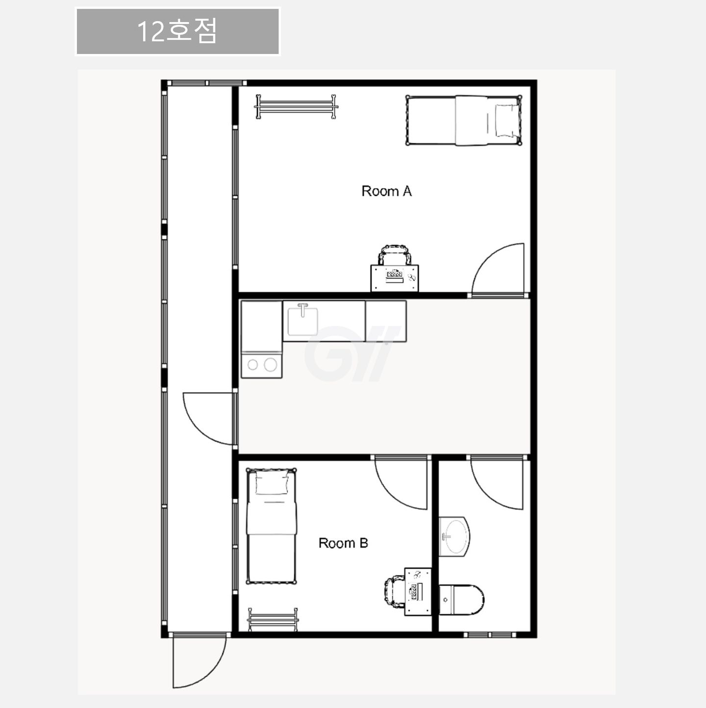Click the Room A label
click(387, 191)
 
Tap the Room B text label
click(343, 543)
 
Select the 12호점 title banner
click(177, 31)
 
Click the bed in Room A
click(464, 121)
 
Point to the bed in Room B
click(271, 526)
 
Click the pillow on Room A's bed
click(506, 121)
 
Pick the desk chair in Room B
click(395, 592)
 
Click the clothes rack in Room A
click(296, 107)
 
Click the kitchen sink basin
click(303, 321)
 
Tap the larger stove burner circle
click(271, 365)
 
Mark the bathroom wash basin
click(454, 537)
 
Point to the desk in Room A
click(395, 278)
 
